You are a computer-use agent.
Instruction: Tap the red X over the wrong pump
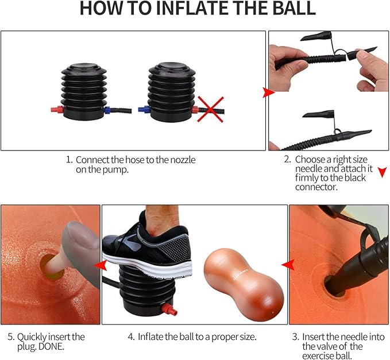(x=210, y=110)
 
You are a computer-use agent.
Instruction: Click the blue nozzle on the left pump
(x=107, y=110)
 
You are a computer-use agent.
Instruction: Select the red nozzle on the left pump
(x=57, y=110)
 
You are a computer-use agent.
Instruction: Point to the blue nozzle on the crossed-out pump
(x=144, y=109)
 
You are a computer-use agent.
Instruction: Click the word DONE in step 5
(x=52, y=346)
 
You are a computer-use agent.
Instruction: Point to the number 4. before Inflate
(x=132, y=337)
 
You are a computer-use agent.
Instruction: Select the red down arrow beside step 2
(x=383, y=172)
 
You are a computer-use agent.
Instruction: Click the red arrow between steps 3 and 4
(x=288, y=265)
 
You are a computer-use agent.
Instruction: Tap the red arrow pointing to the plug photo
(x=101, y=265)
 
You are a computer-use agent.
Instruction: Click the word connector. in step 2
(x=316, y=187)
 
